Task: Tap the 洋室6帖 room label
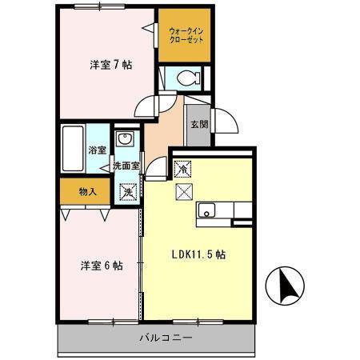click(101, 266)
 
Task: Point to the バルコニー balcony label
click(167, 338)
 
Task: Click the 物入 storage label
click(87, 191)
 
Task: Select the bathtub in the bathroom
click(73, 149)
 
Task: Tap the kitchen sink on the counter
click(206, 212)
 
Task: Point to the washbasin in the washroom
click(125, 140)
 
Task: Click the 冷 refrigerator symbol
click(183, 169)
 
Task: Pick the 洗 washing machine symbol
click(126, 192)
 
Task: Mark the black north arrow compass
click(287, 286)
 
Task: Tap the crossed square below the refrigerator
click(183, 190)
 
